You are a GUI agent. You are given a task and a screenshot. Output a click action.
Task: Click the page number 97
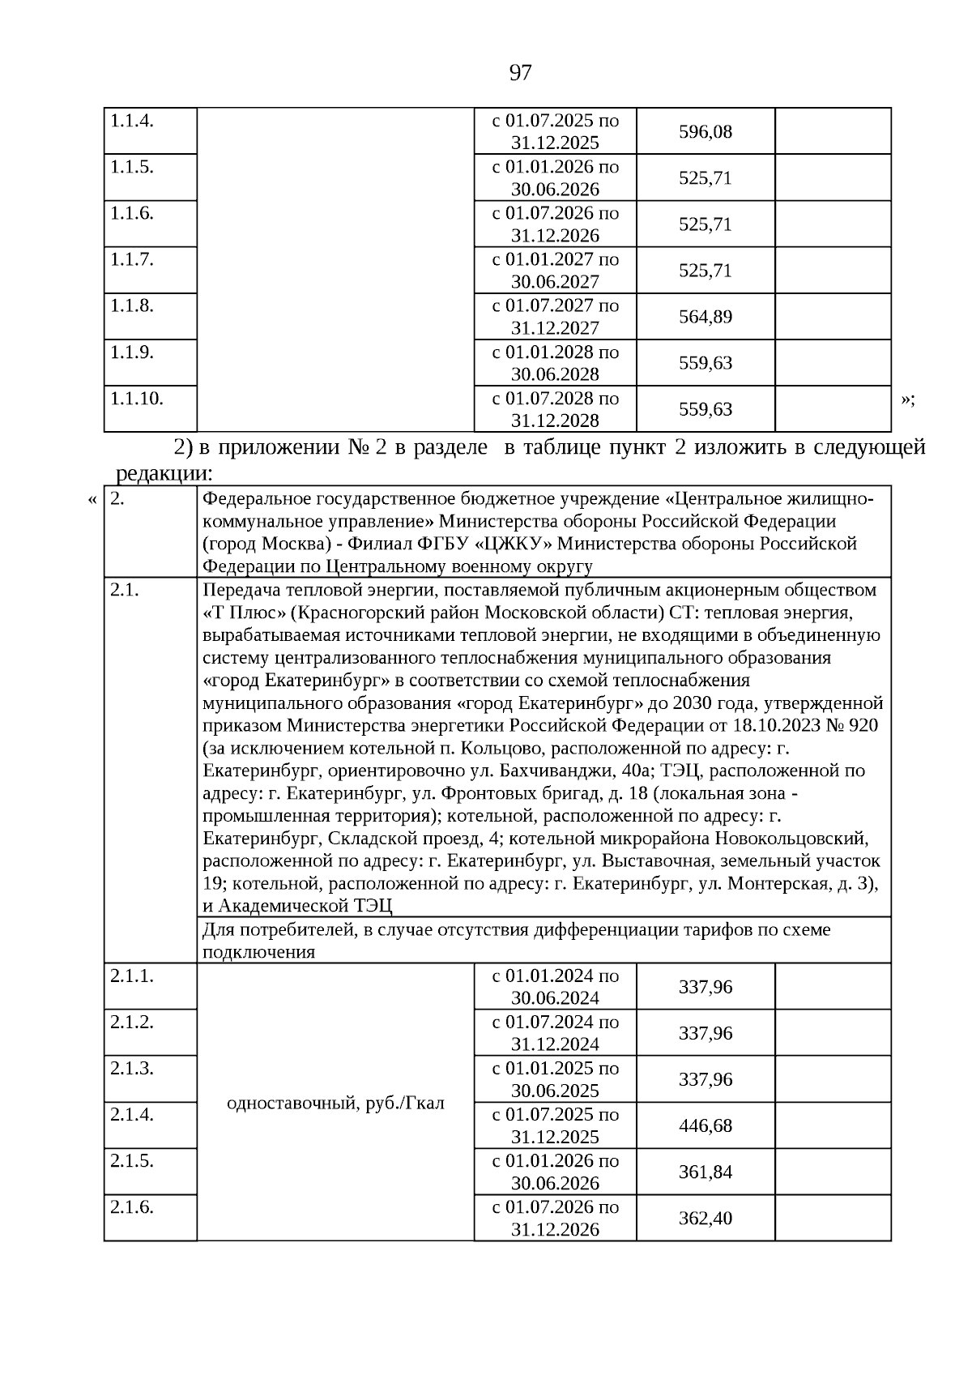tap(520, 73)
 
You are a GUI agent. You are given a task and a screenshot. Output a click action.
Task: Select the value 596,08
tap(705, 131)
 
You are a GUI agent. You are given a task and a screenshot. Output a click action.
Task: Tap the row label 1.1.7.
tap(132, 259)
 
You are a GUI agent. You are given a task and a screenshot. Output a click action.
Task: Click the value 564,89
tap(705, 317)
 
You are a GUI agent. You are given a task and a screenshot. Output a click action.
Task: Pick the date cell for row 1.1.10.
tap(555, 409)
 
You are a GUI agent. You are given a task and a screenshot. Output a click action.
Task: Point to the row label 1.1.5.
tap(132, 167)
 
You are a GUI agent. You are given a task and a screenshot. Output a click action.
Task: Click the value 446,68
tap(705, 1125)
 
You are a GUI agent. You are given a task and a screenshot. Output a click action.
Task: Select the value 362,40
tap(705, 1218)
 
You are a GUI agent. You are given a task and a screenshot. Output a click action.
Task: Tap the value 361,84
tap(705, 1172)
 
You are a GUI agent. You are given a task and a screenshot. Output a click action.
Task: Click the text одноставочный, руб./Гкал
tap(335, 1103)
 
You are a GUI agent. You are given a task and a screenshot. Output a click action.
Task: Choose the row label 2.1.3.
tap(132, 1068)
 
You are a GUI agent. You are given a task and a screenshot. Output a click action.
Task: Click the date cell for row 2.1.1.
tap(555, 986)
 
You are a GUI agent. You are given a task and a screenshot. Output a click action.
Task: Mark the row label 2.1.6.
tap(132, 1206)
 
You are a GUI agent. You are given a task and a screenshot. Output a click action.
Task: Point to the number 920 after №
tap(863, 725)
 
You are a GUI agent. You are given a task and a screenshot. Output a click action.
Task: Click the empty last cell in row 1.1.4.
tap(833, 131)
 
